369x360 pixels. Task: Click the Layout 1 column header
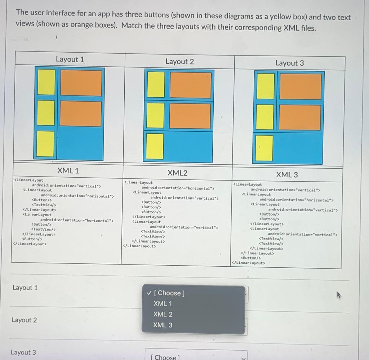[70, 59]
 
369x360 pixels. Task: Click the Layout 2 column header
[179, 62]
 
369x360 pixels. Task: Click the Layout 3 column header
[289, 63]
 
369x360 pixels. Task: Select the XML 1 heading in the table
[68, 170]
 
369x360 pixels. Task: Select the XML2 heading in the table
[177, 173]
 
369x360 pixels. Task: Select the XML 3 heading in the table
[287, 175]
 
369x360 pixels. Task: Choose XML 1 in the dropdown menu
[163, 303]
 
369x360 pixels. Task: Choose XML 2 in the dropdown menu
[163, 314]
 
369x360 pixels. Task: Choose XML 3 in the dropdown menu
[163, 325]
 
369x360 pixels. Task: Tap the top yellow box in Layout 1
[46, 82]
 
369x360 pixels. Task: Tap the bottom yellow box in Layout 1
[46, 144]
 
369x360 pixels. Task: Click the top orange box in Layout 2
[190, 85]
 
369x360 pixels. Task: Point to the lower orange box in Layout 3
[300, 117]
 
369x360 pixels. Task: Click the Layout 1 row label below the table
[25, 288]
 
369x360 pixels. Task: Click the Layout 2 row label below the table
[24, 320]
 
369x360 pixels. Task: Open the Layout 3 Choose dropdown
[196, 356]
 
